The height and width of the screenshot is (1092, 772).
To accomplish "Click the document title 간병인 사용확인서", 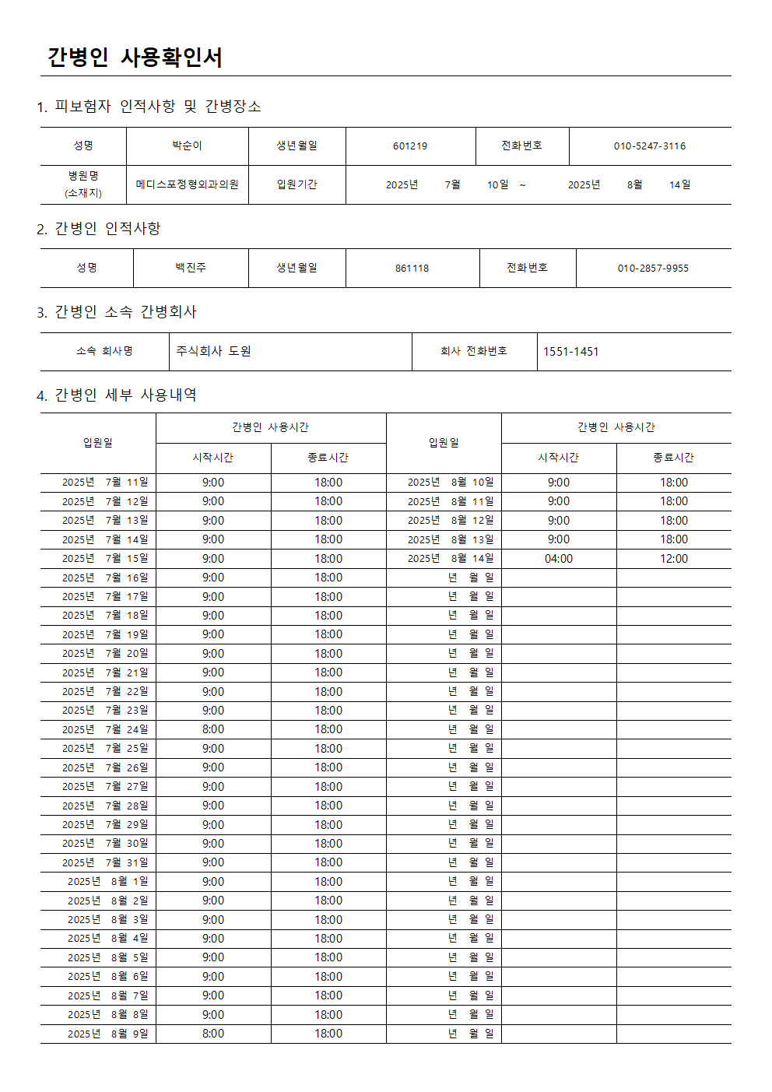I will point(135,58).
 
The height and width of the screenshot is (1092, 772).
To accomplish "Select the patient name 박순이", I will point(187,146).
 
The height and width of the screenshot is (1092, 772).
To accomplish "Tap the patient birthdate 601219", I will point(410,146).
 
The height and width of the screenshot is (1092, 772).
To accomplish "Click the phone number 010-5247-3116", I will point(650,146).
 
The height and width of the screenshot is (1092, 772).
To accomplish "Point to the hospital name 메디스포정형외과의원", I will point(187,185).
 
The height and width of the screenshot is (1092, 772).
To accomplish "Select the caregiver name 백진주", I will point(191,268).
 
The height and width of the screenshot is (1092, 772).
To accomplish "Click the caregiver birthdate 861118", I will point(412,269).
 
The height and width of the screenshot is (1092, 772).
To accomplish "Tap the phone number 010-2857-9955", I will point(653,269).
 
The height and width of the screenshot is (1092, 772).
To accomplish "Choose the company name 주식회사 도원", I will point(213,352).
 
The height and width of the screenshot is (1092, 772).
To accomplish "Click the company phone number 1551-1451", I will point(570,352).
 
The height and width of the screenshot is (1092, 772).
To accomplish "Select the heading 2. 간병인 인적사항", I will point(99,228).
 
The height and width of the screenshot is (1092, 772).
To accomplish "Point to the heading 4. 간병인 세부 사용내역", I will point(117,395).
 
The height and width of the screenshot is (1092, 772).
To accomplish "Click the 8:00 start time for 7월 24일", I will point(213,729).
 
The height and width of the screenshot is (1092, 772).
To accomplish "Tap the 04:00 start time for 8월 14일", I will point(559,559).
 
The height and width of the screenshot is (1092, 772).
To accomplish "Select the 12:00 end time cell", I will point(674,559).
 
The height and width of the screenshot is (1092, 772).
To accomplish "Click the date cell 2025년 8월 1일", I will point(107,882).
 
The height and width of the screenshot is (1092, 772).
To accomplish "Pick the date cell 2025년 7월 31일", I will point(105,862).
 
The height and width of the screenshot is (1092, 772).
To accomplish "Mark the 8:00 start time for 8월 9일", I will point(213,1034).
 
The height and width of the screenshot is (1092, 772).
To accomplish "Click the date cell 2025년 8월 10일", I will point(451,483).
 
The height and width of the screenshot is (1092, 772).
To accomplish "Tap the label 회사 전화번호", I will point(474,352).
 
